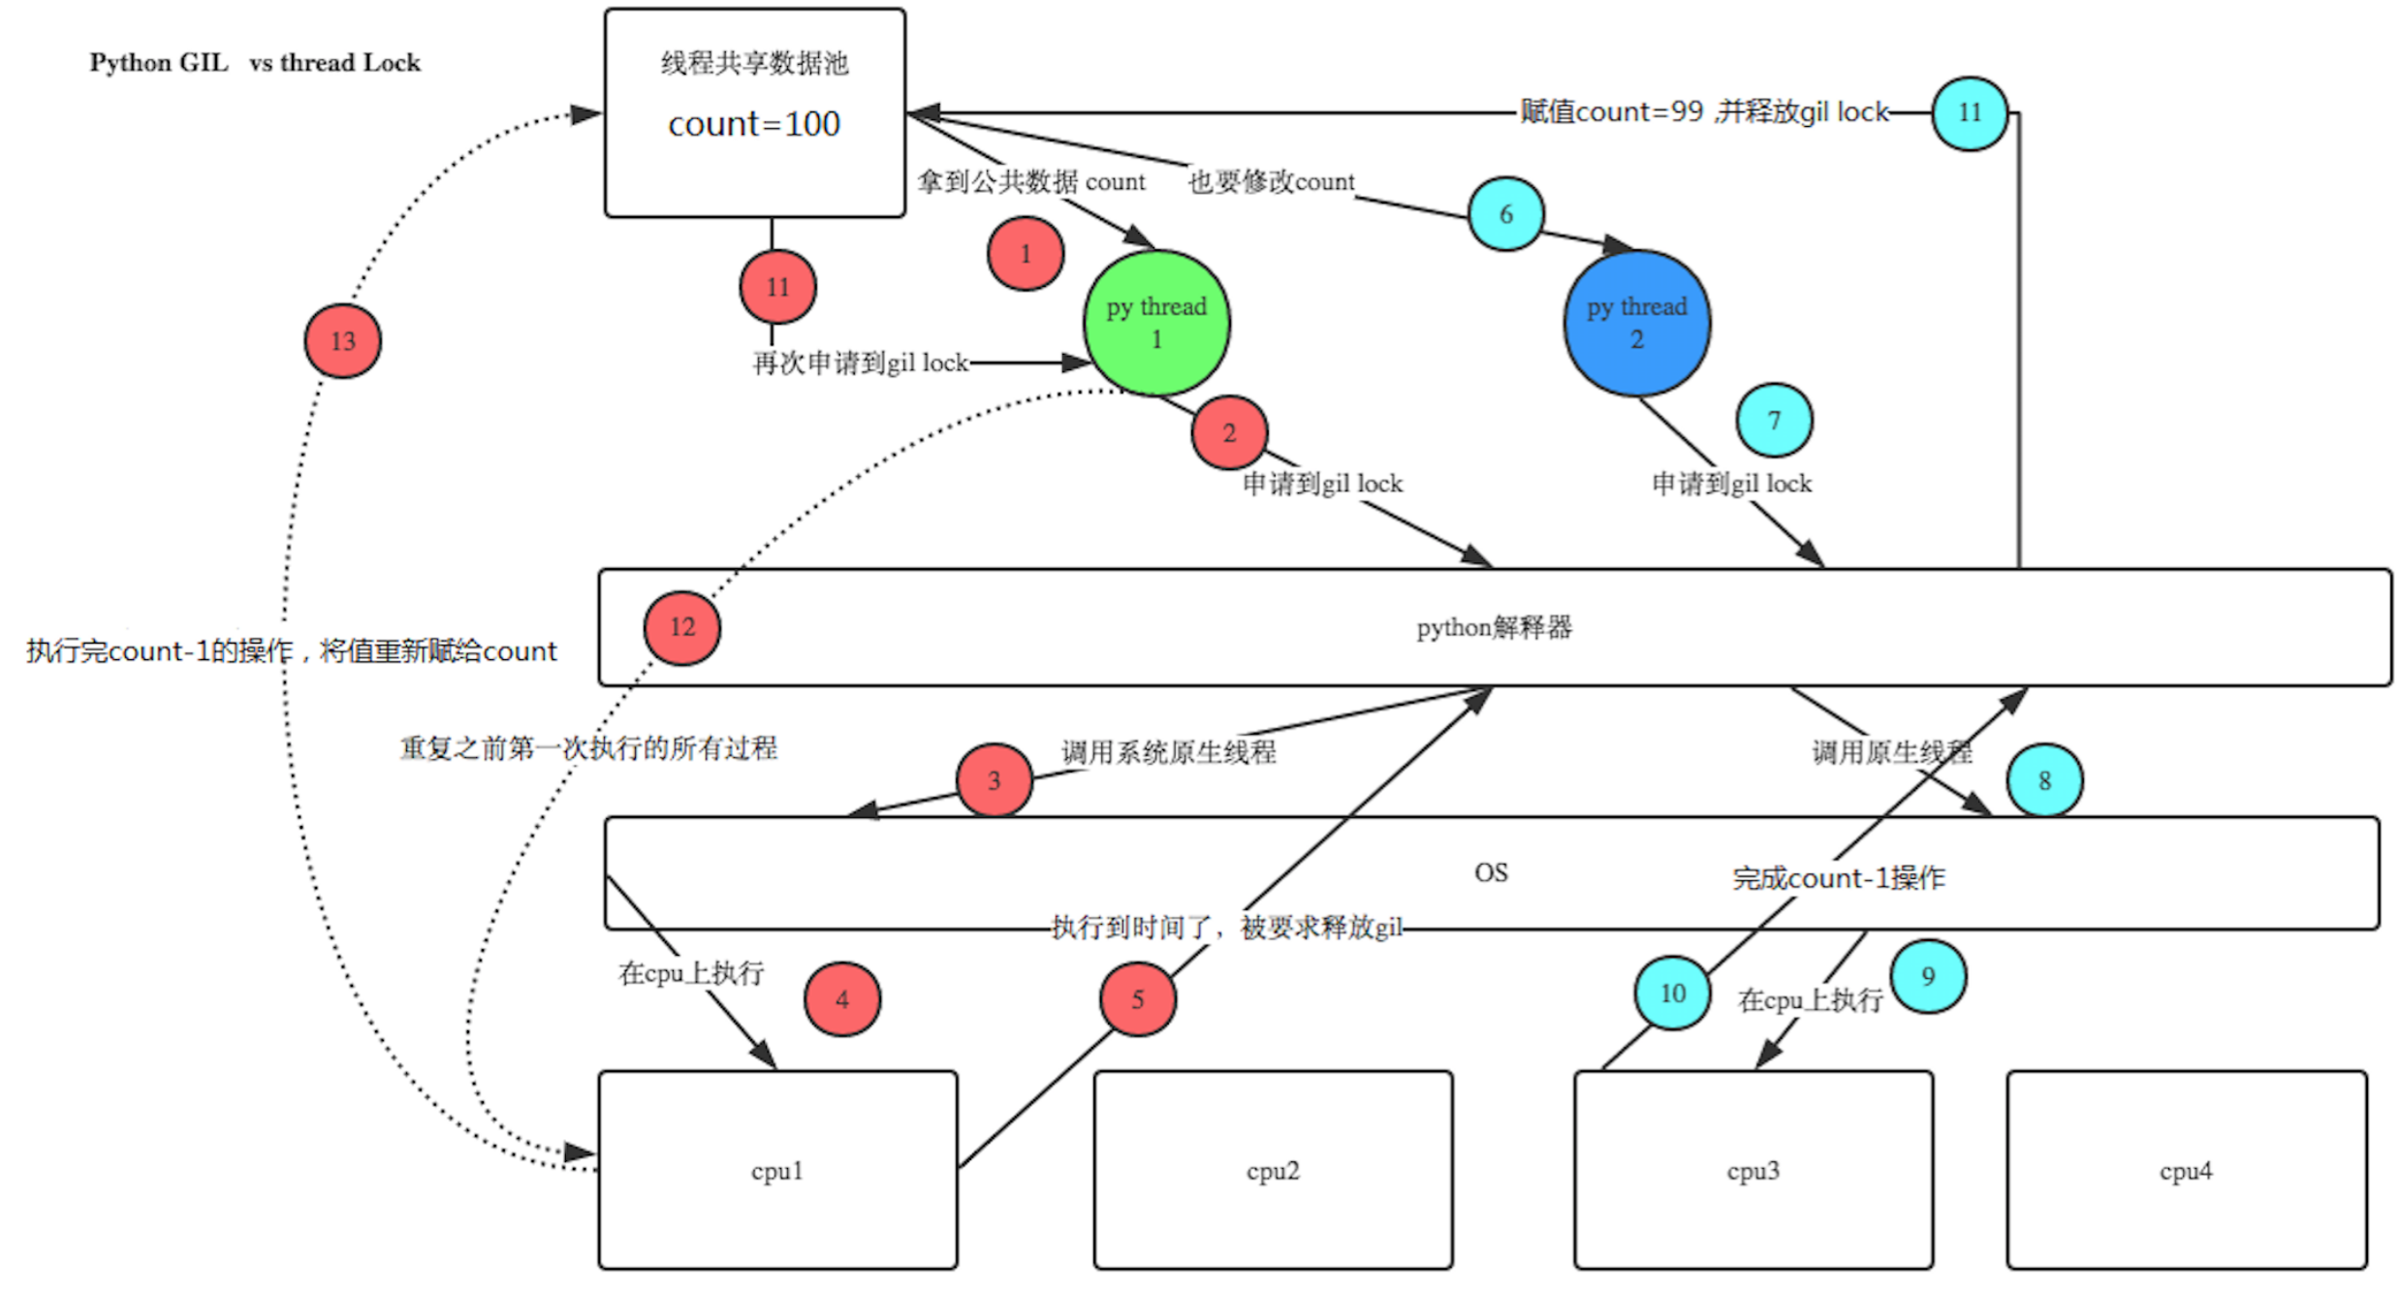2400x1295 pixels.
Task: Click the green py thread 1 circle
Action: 1155,323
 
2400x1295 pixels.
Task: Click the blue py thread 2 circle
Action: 1636,323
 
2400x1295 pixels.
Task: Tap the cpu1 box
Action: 777,1169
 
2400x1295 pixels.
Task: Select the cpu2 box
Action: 1273,1169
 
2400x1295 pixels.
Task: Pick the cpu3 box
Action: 1753,1169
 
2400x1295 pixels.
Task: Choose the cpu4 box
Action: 2186,1169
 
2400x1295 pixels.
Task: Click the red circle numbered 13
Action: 343,341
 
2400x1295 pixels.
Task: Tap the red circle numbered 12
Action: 682,627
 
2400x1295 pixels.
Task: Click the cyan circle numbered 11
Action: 1970,113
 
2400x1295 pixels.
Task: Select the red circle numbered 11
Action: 777,287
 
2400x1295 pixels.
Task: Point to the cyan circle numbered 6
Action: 1505,214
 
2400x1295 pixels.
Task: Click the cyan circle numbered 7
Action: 1774,421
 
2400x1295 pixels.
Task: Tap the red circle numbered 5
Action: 1138,998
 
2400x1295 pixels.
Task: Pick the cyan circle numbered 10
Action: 1673,993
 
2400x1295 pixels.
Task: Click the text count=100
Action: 754,124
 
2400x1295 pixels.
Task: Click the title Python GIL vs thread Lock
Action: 255,63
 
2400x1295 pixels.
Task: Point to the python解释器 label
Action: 1494,627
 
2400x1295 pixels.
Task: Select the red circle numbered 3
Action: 994,780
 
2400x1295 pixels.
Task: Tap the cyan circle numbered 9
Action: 1928,976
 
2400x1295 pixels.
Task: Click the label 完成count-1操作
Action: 1838,878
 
